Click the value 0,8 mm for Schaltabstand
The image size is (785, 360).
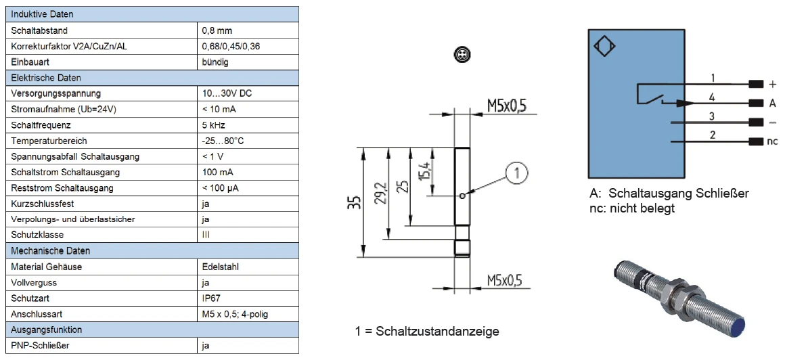218,30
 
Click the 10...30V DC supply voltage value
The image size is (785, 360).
228,93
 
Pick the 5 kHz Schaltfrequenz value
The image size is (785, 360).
214,125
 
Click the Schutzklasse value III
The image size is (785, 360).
206,235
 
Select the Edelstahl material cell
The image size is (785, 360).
220,267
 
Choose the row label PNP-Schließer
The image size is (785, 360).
39,345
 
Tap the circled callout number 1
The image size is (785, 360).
516,174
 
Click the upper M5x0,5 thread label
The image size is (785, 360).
506,105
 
